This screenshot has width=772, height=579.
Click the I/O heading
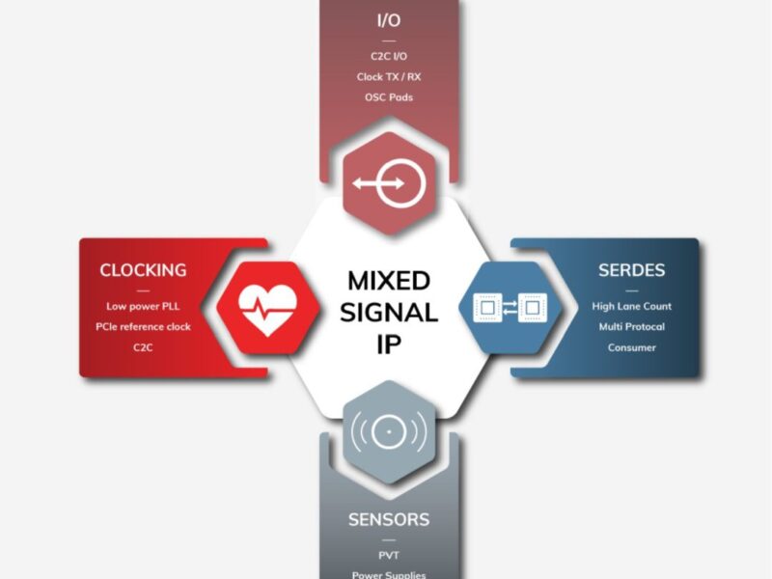[x=387, y=20]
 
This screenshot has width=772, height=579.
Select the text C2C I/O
[x=387, y=56]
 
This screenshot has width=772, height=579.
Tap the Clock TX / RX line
[x=387, y=76]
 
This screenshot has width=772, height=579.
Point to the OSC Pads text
[x=387, y=97]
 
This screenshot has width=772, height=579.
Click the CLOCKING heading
[x=143, y=270]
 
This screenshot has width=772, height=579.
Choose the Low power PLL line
[x=143, y=306]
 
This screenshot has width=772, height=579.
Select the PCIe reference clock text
[x=143, y=326]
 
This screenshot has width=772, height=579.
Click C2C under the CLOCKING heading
[x=143, y=347]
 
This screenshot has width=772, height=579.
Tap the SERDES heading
[x=632, y=270]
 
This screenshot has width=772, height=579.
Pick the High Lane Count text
[x=632, y=306]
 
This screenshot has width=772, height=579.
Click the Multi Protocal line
[x=632, y=326]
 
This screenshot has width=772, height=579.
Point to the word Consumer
[x=632, y=347]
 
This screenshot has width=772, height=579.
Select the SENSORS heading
[x=388, y=520]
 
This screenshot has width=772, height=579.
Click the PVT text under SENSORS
[x=388, y=555]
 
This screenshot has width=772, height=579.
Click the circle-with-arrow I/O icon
[x=388, y=183]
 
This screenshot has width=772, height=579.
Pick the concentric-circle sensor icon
[x=388, y=432]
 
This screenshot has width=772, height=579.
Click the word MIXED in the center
[x=388, y=281]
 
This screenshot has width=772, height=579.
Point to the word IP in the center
[x=388, y=344]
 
